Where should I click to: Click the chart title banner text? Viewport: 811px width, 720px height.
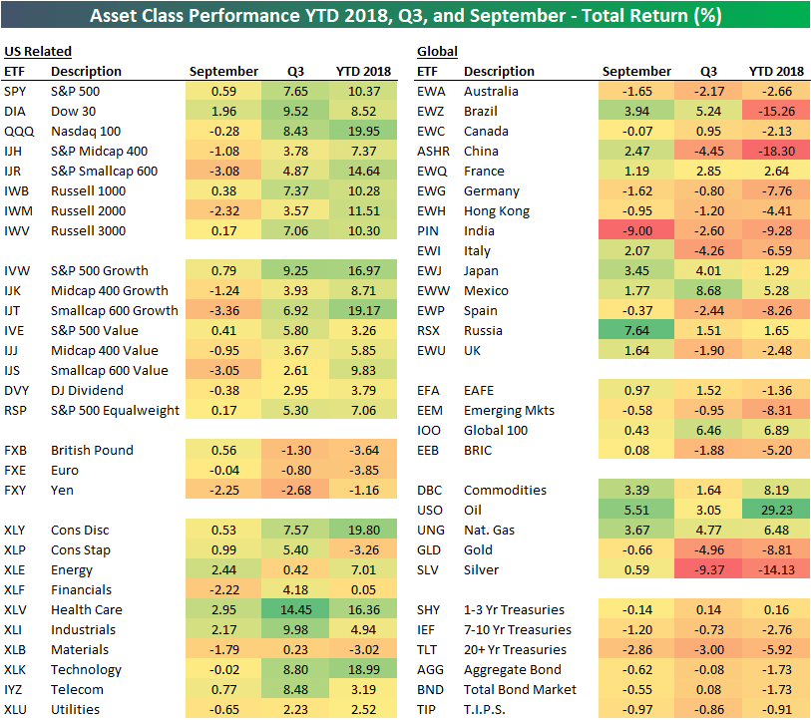click(405, 17)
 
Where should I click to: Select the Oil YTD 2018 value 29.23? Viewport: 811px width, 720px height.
click(775, 510)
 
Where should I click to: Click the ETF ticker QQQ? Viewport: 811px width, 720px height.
click(16, 131)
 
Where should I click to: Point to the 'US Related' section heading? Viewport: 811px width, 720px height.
click(38, 51)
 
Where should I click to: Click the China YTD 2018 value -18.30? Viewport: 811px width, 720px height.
click(775, 151)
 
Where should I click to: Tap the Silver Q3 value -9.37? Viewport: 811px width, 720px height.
click(708, 569)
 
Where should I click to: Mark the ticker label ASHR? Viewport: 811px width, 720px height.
click(433, 151)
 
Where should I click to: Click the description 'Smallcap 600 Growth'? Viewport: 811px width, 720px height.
click(115, 310)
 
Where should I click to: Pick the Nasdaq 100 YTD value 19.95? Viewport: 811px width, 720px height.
click(362, 131)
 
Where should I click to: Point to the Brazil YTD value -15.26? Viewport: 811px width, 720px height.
click(775, 111)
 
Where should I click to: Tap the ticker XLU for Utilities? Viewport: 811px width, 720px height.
click(16, 709)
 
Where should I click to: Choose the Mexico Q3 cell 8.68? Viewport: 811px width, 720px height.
click(708, 290)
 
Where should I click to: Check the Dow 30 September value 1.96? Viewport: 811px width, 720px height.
click(223, 111)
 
